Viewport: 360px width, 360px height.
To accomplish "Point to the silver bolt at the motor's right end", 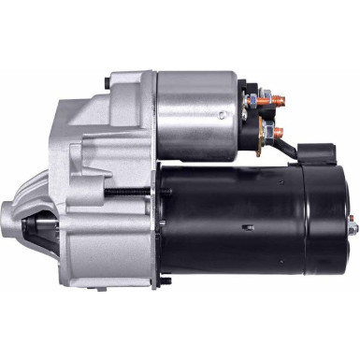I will click(x=353, y=225).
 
